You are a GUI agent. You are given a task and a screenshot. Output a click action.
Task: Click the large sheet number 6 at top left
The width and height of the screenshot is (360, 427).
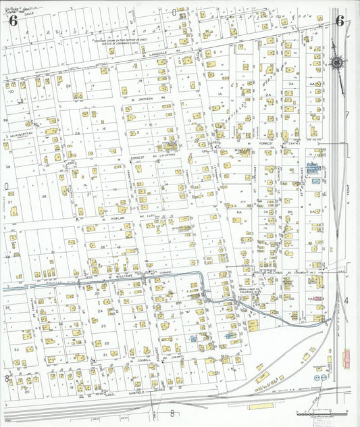13,20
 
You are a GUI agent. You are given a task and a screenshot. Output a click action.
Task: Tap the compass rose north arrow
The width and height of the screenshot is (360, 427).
336,64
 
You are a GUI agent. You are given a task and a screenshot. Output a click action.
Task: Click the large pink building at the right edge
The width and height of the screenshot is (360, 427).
347,355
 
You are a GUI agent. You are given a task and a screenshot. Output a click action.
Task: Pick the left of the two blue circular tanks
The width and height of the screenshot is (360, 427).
318,377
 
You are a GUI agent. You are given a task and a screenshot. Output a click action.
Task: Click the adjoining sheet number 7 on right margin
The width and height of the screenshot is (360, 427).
347,116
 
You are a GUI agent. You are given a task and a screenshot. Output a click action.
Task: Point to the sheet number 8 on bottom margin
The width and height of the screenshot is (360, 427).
172,413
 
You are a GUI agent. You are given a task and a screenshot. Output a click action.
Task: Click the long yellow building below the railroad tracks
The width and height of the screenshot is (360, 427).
261,406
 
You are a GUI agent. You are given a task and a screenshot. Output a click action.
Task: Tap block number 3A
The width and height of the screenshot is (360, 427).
290,84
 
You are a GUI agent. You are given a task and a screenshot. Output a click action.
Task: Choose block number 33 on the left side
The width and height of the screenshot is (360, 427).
15,350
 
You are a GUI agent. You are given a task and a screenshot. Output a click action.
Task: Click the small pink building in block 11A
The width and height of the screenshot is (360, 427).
317,298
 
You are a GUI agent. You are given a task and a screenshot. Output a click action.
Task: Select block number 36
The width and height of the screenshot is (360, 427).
45,197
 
